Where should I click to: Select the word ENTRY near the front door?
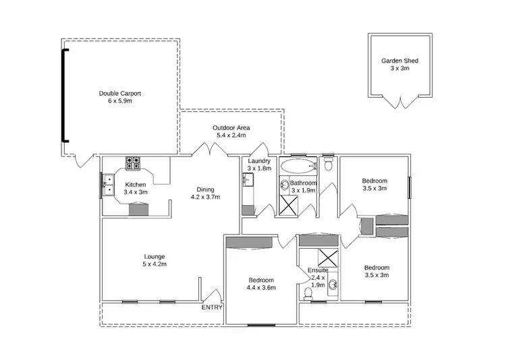click(x=212, y=307)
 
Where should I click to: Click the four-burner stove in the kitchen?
click(x=133, y=163)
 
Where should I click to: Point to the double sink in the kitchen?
click(x=108, y=184)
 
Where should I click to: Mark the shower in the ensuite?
click(x=329, y=258)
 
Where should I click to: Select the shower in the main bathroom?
click(x=291, y=204)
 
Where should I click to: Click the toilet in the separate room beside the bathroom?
click(x=329, y=164)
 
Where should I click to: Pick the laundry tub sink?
click(x=248, y=180)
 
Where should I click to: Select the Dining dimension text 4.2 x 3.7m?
click(x=205, y=197)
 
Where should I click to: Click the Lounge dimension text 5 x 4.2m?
click(x=154, y=265)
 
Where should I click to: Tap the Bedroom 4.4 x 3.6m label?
click(x=261, y=284)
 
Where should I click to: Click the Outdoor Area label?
click(x=231, y=131)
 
